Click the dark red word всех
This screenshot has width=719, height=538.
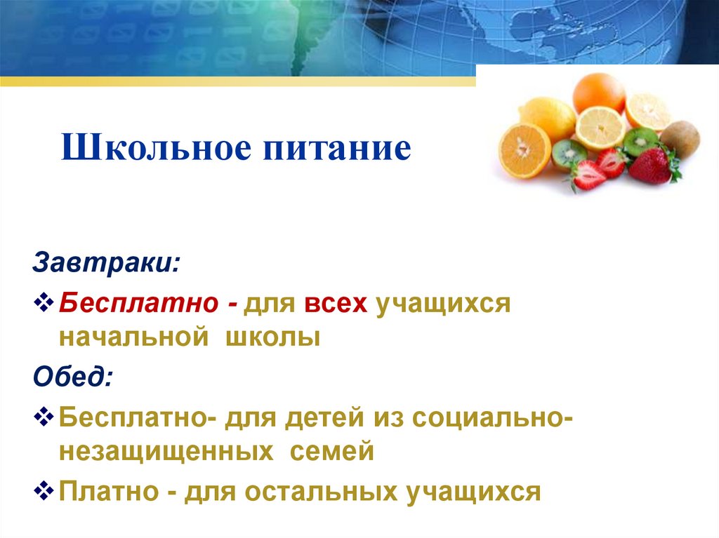tap(336, 304)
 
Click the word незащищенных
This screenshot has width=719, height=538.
tap(166, 452)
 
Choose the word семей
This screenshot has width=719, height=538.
tap(333, 452)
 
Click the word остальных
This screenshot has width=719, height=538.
tap(318, 492)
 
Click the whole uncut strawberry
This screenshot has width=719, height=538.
tap(650, 166)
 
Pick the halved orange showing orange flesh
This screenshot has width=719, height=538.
tap(525, 150)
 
